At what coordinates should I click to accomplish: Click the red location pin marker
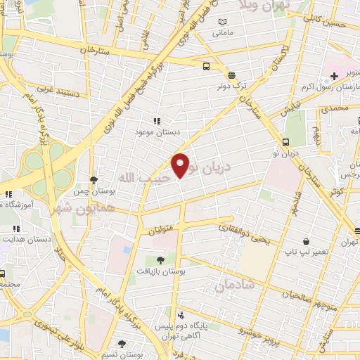click(181, 165)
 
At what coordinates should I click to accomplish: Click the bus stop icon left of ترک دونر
click(206, 67)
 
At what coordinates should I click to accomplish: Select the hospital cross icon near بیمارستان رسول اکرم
click(334, 76)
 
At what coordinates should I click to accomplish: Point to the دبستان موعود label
click(157, 131)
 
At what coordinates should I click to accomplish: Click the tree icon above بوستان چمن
click(94, 180)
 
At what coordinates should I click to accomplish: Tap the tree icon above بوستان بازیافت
click(160, 259)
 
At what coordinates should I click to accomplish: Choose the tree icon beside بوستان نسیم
click(122, 344)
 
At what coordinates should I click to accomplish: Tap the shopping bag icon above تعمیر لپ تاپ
click(306, 240)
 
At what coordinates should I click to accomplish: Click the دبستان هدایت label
click(26, 239)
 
